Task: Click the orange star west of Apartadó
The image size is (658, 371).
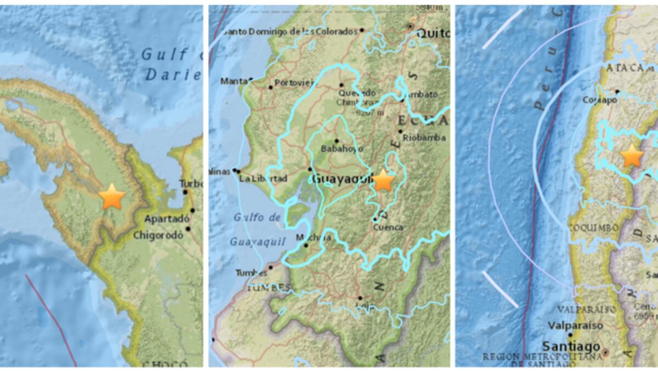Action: point(112,197)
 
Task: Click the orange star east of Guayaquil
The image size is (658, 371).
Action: point(383,180)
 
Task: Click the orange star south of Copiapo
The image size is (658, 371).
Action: point(632,156)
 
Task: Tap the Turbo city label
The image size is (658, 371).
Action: point(192,184)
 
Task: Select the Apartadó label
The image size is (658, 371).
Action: point(162,220)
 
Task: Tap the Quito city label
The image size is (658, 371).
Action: point(434,33)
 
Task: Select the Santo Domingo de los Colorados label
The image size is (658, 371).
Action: point(291,31)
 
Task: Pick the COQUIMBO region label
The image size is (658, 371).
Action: point(593,227)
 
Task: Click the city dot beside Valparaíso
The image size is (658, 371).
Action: point(571,335)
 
